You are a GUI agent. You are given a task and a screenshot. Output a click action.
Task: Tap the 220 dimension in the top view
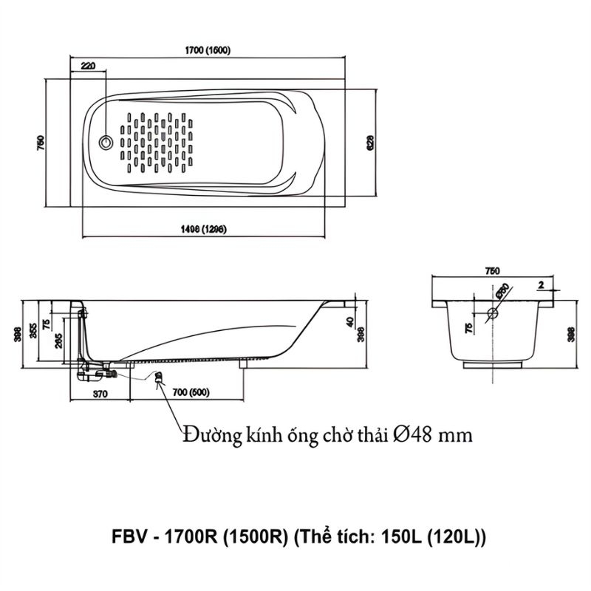pyautogui.click(x=88, y=66)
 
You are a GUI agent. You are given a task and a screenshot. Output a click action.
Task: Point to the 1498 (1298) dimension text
pyautogui.click(x=202, y=230)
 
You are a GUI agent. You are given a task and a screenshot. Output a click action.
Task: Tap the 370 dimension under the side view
pyautogui.click(x=100, y=393)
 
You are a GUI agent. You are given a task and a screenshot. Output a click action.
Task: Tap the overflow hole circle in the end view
pyautogui.click(x=494, y=313)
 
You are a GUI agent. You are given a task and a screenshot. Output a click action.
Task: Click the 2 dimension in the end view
pyautogui.click(x=542, y=284)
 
